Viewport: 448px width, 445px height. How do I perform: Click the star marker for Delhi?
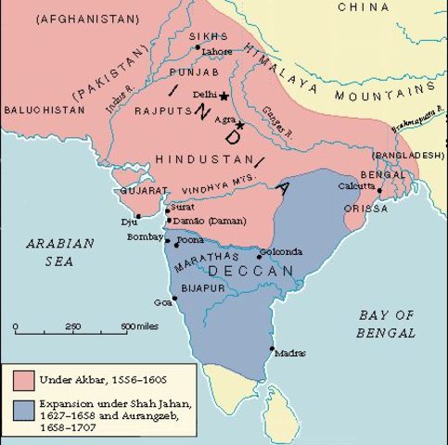(223, 95)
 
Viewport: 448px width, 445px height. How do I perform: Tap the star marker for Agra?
(239, 124)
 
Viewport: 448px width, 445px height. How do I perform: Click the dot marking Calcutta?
(379, 190)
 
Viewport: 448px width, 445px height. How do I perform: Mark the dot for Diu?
(138, 215)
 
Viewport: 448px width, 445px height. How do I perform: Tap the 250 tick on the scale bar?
(73, 327)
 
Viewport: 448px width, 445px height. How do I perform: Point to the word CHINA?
(365, 7)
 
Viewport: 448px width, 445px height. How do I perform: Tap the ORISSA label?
(365, 209)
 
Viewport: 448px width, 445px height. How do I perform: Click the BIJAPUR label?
(202, 289)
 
